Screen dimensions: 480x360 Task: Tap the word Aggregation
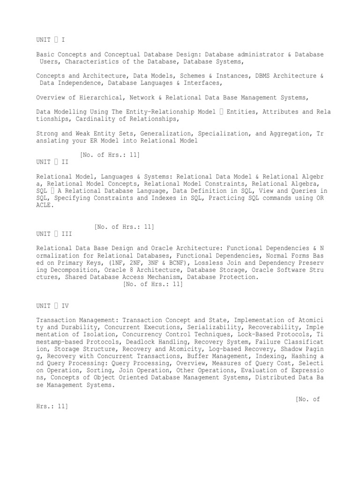tap(289, 134)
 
